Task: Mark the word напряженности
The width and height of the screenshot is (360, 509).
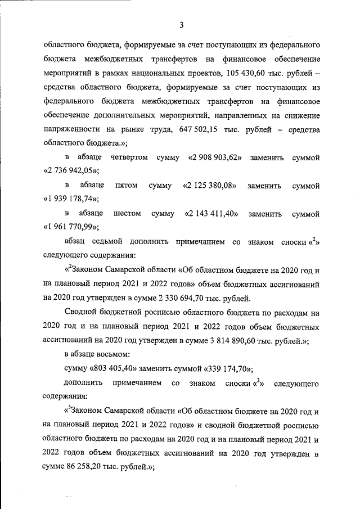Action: point(71,130)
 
